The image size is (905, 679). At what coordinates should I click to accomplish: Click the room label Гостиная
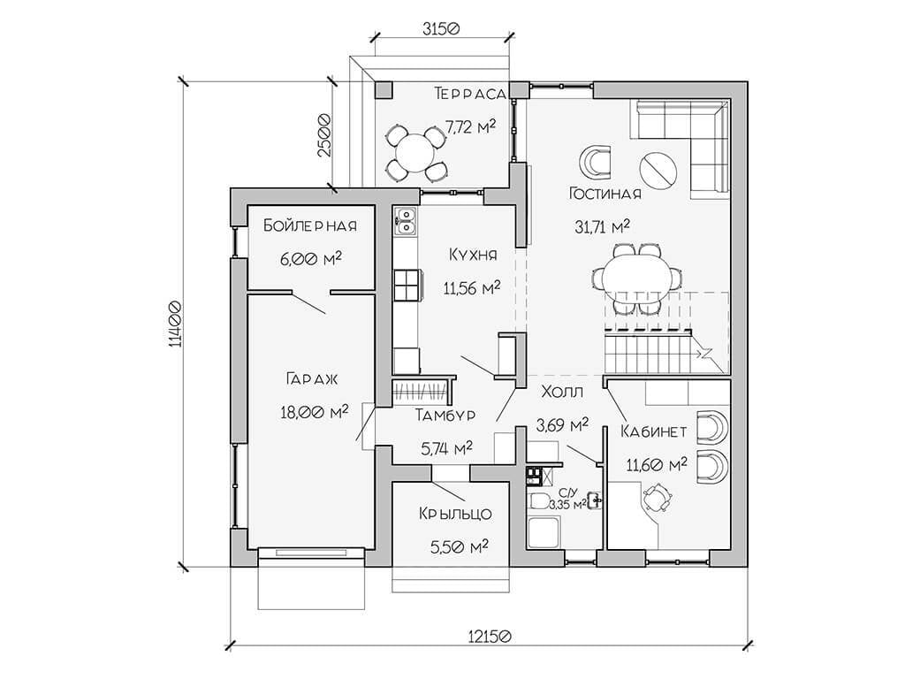605,193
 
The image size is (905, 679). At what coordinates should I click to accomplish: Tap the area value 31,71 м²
602,226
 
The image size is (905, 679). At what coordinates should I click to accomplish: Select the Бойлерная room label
310,225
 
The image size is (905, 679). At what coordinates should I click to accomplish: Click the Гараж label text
312,378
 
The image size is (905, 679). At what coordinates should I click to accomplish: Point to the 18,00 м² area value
314,412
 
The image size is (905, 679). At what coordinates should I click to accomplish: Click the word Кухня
473,255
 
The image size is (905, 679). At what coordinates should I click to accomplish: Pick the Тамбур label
445,415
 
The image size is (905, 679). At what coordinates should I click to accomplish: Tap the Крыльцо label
455,514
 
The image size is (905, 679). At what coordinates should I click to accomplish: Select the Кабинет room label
654,431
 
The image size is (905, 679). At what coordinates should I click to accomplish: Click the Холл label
562,392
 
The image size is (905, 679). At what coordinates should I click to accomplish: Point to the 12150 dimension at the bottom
490,637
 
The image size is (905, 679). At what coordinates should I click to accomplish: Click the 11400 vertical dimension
176,324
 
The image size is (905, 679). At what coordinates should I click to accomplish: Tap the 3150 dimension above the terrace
441,28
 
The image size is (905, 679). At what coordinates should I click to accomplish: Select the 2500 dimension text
324,135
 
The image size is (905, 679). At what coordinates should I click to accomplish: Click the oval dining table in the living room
635,277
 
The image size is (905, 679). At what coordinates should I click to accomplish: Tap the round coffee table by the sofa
658,170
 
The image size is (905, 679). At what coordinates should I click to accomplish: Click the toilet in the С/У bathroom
539,500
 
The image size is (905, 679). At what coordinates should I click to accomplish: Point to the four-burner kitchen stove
407,286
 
